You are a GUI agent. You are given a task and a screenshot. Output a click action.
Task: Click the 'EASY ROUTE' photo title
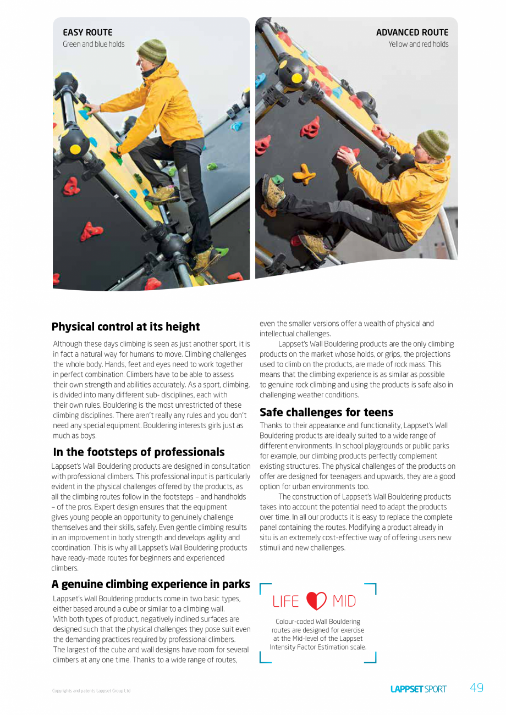(x=87, y=32)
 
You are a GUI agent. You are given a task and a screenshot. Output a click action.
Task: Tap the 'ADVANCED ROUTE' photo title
(x=412, y=32)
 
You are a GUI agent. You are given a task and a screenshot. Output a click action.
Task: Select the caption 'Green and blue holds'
(x=94, y=44)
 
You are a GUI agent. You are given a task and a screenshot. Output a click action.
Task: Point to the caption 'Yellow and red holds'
(x=418, y=44)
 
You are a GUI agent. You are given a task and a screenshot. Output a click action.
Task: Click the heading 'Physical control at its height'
(x=125, y=327)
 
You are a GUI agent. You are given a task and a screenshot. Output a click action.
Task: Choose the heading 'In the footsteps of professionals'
(x=139, y=452)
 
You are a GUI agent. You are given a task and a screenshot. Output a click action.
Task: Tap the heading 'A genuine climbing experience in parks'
(x=151, y=584)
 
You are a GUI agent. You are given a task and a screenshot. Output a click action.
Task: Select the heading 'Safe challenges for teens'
(x=326, y=412)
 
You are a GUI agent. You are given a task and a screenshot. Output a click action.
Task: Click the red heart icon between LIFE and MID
(x=316, y=601)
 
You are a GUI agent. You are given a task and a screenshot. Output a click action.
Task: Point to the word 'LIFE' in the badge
(x=285, y=602)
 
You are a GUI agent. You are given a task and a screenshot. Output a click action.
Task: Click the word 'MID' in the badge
(x=344, y=602)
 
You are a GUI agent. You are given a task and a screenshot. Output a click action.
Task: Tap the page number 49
(x=476, y=688)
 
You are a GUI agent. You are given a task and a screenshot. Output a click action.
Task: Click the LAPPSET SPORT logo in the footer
(x=418, y=689)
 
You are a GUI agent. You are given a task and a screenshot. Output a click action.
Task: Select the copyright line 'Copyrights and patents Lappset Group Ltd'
(x=91, y=691)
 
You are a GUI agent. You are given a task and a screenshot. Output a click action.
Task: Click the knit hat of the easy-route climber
(x=152, y=51)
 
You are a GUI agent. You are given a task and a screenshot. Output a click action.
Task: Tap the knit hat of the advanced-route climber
(x=433, y=143)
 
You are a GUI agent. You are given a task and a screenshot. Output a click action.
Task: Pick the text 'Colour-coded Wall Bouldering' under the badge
(x=318, y=622)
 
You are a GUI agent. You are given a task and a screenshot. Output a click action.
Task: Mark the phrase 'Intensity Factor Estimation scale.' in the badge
(x=318, y=647)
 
